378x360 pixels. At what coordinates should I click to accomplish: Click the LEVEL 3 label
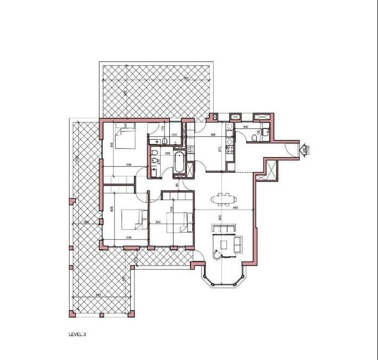point(77,334)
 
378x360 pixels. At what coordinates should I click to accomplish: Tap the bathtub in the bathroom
point(179,164)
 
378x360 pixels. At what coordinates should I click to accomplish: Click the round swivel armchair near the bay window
point(216,254)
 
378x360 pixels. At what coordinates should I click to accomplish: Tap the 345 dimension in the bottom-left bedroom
point(128,237)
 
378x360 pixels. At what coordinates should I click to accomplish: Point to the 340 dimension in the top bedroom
point(128,165)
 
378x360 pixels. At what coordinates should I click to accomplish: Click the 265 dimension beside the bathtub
point(168,154)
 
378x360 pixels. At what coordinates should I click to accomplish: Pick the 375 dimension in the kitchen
point(220,149)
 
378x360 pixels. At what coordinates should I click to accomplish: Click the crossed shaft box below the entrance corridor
point(271,170)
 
